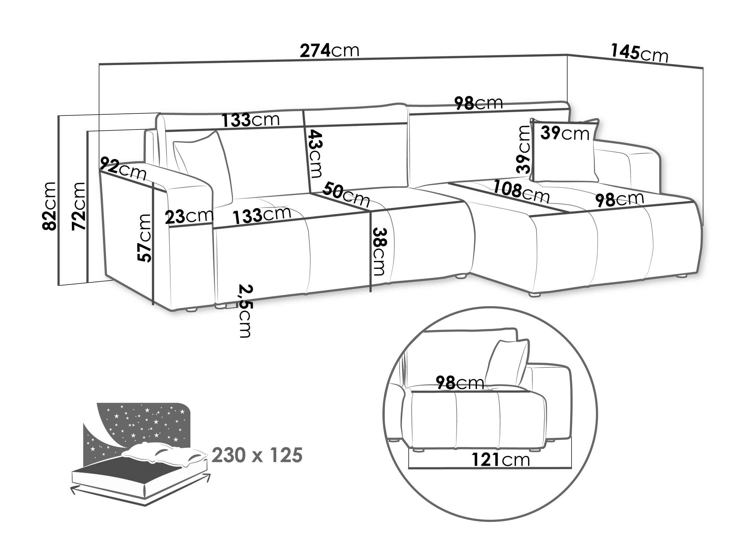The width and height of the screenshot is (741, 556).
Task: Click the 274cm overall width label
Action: [x=329, y=51]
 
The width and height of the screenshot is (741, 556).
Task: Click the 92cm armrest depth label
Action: [x=123, y=168]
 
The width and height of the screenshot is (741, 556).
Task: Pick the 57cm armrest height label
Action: [x=144, y=238]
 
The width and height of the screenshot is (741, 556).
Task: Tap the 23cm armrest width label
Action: [x=189, y=216]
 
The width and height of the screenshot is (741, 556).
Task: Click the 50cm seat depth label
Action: [x=346, y=194]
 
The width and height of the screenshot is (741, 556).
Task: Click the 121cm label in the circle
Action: [x=501, y=460]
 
